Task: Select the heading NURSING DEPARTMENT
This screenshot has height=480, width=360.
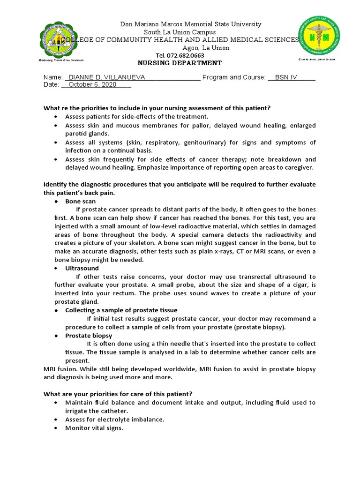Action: tap(180, 63)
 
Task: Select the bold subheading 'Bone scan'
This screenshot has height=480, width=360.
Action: tap(80, 201)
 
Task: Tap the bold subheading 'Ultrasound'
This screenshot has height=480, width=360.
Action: tap(82, 268)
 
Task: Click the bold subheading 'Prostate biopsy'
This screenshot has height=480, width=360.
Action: tap(89, 336)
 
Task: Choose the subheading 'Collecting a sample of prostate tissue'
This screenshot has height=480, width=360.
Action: tap(121, 310)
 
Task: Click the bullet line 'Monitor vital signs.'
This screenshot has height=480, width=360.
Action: tap(94, 428)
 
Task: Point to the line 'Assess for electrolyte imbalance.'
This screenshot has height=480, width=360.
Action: tap(114, 420)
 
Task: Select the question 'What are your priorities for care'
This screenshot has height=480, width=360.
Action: tap(118, 393)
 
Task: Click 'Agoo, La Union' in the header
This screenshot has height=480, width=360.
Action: tap(206, 48)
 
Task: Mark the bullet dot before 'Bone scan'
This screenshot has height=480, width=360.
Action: tap(56, 202)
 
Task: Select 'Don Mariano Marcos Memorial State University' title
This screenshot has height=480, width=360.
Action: tap(191, 24)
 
